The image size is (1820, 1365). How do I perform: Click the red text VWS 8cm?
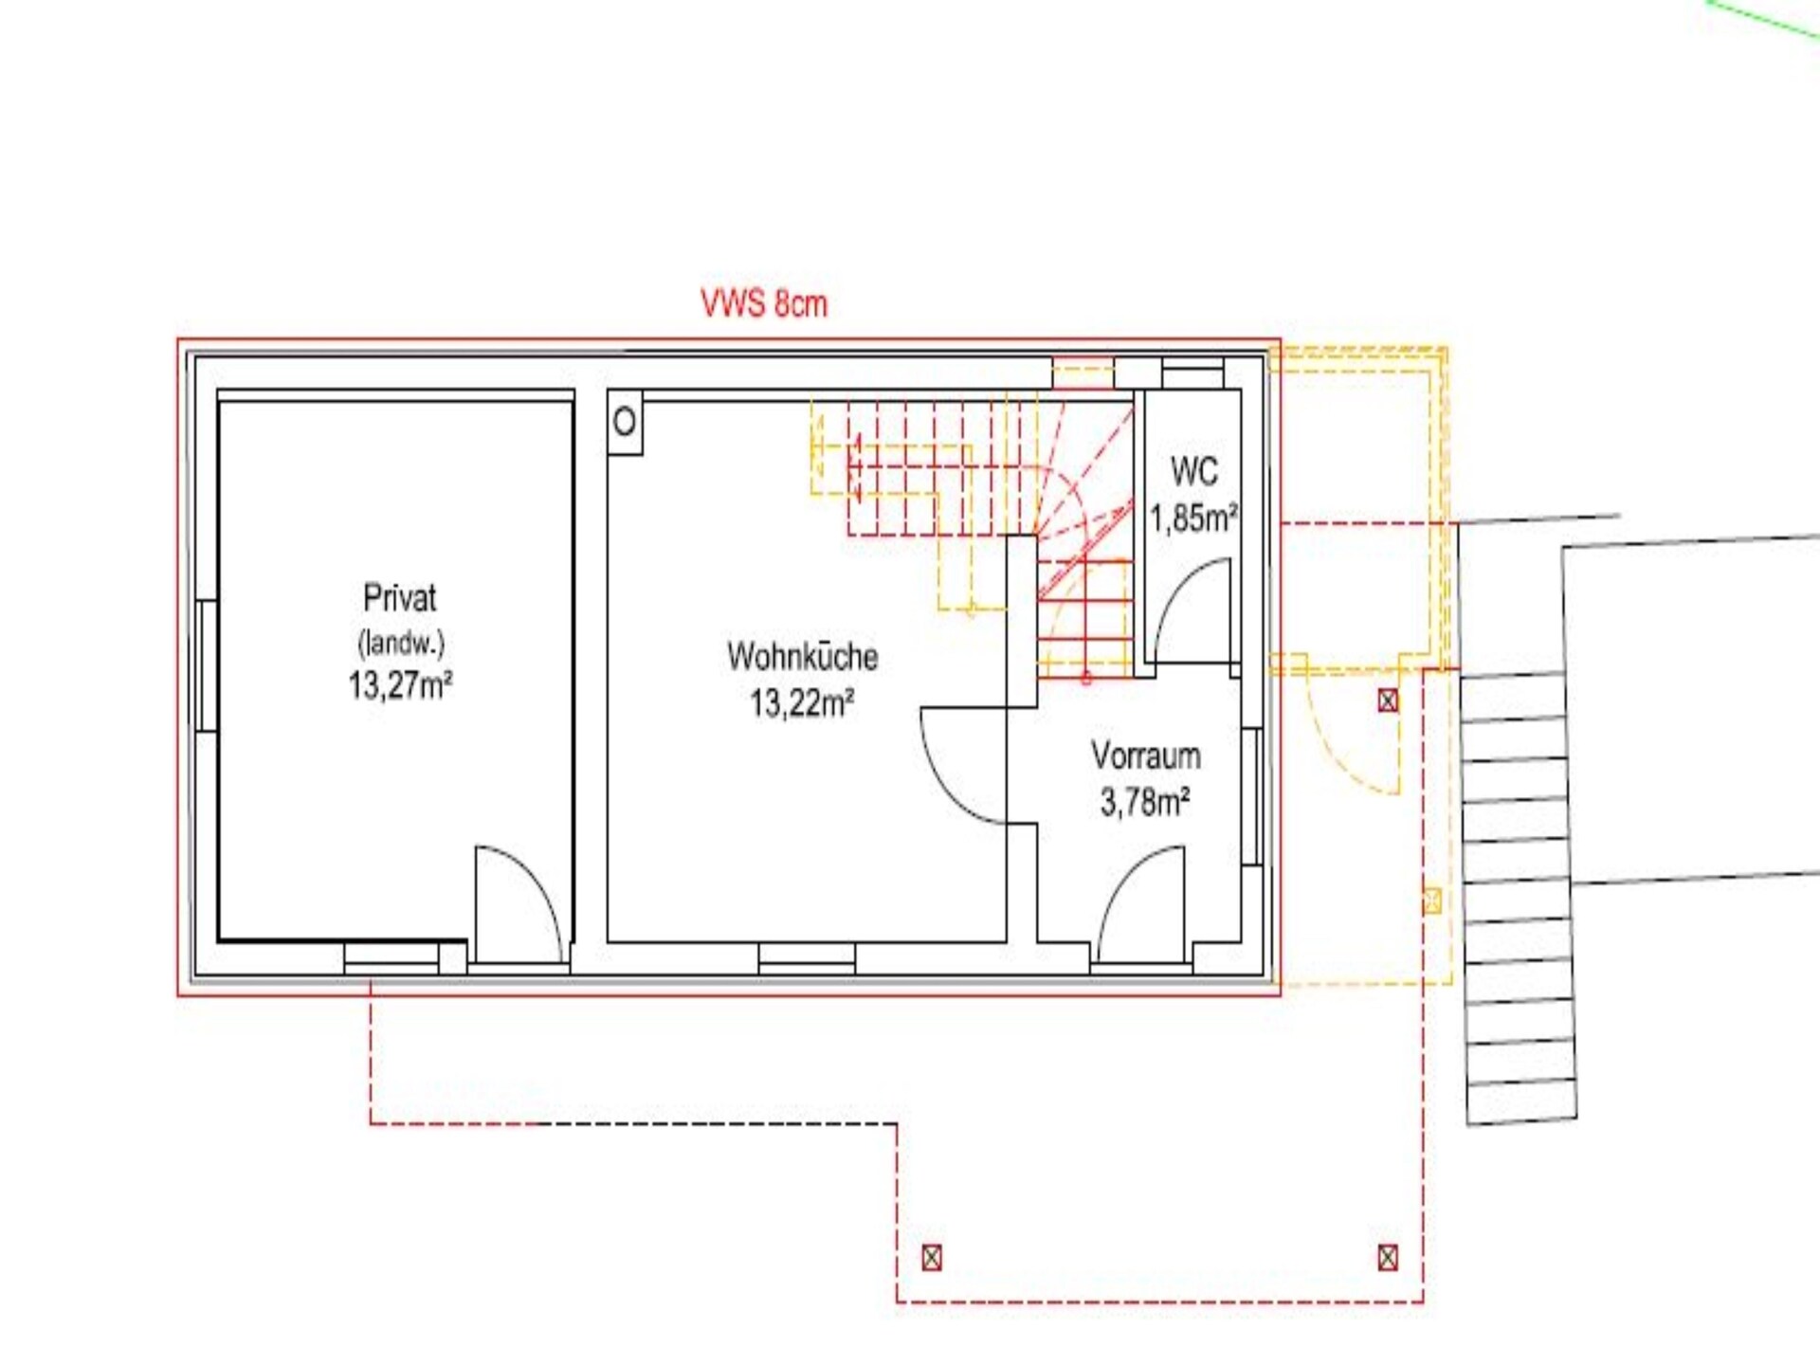764,303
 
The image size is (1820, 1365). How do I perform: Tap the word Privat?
400,598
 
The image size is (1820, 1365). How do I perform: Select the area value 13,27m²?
400,683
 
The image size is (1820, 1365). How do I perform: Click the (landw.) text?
401,644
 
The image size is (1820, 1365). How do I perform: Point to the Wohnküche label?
803,656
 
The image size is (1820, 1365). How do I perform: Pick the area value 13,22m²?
802,702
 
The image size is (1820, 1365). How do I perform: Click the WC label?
1194,471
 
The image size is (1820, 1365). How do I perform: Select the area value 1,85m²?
1194,518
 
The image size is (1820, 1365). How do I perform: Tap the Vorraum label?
1146,755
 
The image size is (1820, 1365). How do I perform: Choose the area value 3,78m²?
1145,802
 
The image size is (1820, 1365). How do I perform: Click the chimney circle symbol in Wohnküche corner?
625,421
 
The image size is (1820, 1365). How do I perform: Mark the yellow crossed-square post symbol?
1432,901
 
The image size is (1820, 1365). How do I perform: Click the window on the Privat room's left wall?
206,665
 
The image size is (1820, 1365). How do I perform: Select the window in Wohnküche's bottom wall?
807,958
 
